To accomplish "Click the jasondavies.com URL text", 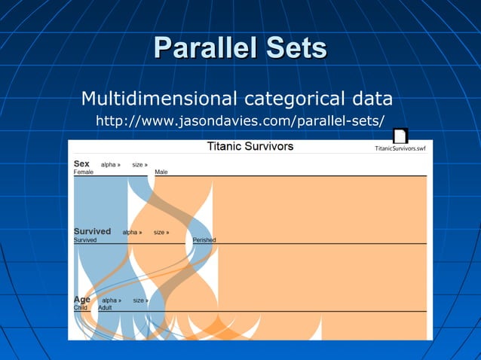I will pyautogui.click(x=240, y=121).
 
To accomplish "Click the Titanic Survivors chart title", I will pyautogui.click(x=250, y=146).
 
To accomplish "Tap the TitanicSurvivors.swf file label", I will pyautogui.click(x=400, y=148).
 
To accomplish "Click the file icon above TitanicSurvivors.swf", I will pyautogui.click(x=400, y=136).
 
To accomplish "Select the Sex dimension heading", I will pyautogui.click(x=81, y=163).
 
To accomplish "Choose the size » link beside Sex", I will pyautogui.click(x=139, y=164).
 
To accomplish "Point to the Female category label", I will pyautogui.click(x=84, y=172).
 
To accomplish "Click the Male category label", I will pyautogui.click(x=161, y=172).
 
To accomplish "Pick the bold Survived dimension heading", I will pyautogui.click(x=92, y=231).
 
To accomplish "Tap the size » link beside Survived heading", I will pyautogui.click(x=161, y=233).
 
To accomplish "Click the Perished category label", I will pyautogui.click(x=204, y=240).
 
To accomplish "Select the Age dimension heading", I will pyautogui.click(x=81, y=299).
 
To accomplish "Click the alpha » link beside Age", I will pyautogui.click(x=112, y=301).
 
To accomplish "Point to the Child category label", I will pyautogui.click(x=81, y=308).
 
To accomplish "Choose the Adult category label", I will pyautogui.click(x=105, y=308).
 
